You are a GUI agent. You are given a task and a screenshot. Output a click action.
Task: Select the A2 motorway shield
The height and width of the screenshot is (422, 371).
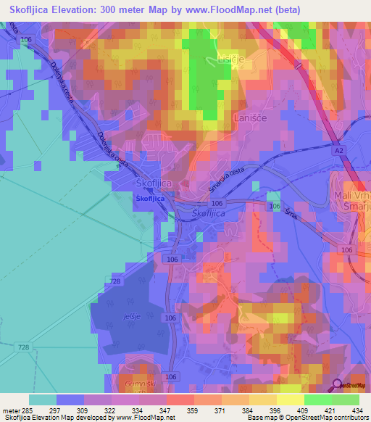point(339,150)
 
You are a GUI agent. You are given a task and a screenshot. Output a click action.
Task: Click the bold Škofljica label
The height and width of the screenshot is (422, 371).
point(150,198)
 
